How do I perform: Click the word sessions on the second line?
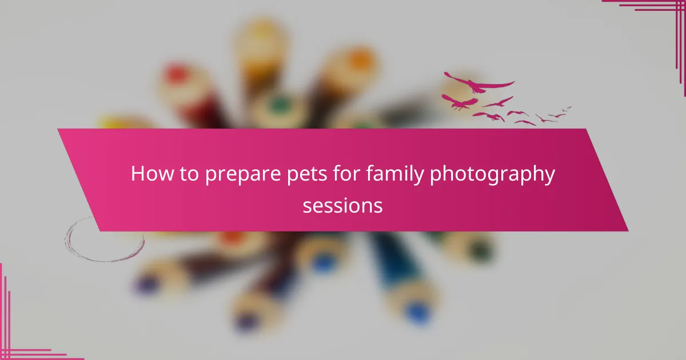pos(342,205)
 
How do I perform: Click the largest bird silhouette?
pos(478,84)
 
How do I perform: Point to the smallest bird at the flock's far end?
pos(567,108)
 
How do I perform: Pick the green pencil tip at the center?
pos(280,105)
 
